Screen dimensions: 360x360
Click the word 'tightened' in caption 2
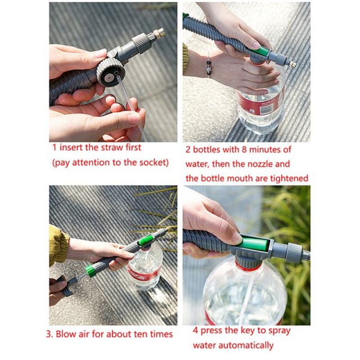[x=287, y=178]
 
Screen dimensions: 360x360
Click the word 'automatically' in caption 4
[x=244, y=346]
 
